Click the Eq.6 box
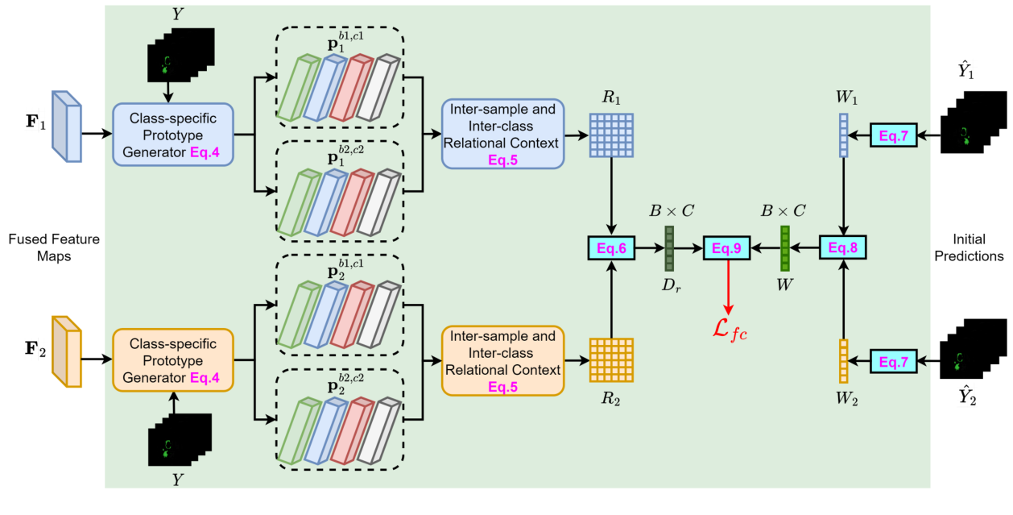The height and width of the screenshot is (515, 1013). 611,248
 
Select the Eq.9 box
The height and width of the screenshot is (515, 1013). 727,248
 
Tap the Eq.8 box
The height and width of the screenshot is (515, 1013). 843,248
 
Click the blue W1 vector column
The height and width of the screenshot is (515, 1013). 843,135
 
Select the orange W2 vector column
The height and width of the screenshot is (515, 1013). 843,362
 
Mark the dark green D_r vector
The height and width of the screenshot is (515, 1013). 669,248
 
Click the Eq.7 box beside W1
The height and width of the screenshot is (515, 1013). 895,135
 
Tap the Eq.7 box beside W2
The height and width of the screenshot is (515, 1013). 895,362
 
